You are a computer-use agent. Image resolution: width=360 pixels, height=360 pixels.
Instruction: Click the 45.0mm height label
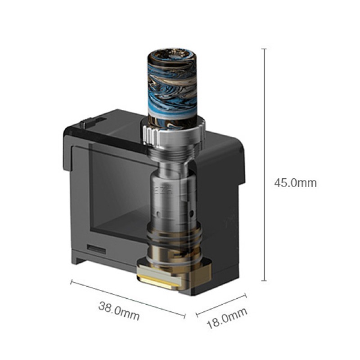[295, 183]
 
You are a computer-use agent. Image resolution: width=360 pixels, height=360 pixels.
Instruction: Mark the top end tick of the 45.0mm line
[264, 49]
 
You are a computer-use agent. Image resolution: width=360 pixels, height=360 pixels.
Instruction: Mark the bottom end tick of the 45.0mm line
[264, 281]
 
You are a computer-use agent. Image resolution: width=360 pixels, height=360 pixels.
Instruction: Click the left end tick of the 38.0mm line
[71, 283]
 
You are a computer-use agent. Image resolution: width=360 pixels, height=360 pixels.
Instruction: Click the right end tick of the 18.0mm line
[245, 296]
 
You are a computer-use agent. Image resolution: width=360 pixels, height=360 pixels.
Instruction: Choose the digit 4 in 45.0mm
[278, 183]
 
